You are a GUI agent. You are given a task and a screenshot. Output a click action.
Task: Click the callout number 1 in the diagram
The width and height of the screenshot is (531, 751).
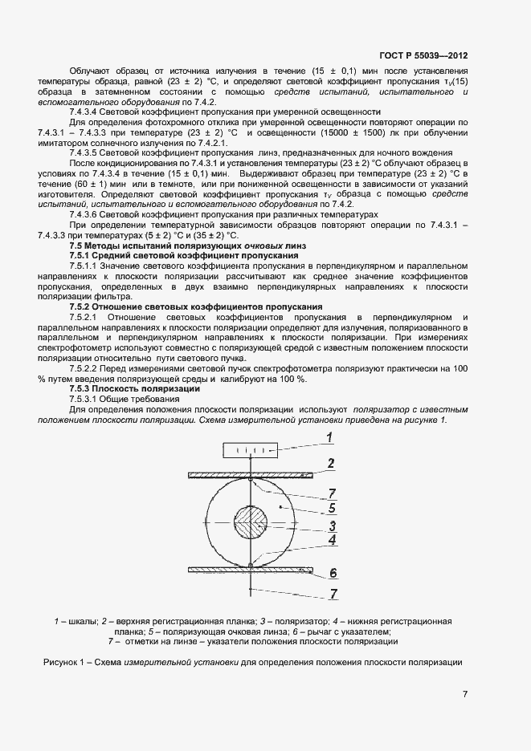pos(329,436)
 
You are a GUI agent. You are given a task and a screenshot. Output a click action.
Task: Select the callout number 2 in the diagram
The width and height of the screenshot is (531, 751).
pos(330,464)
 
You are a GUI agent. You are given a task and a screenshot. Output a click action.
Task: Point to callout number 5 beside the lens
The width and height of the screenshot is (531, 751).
pos(330,507)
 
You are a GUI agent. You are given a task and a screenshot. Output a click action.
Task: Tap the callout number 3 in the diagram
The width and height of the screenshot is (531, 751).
pos(330,526)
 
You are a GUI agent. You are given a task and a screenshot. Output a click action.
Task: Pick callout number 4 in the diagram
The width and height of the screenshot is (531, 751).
pos(330,540)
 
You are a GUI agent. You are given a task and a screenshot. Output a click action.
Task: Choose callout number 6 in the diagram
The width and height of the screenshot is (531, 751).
pos(332,572)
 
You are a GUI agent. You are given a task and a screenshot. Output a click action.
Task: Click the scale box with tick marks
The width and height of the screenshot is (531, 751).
pos(251,450)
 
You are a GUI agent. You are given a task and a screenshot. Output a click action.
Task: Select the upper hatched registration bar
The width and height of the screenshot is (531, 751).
pos(251,475)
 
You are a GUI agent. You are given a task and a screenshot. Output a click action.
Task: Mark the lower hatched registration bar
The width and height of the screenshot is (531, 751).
pos(251,569)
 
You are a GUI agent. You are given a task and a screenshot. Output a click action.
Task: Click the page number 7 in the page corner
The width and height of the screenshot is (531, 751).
pos(465,694)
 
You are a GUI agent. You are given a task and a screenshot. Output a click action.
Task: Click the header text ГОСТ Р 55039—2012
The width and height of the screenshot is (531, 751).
pos(423,56)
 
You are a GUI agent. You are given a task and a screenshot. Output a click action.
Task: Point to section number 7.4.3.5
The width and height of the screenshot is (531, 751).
pos(86,152)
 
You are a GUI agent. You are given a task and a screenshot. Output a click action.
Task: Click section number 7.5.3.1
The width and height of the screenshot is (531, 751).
pos(86,399)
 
